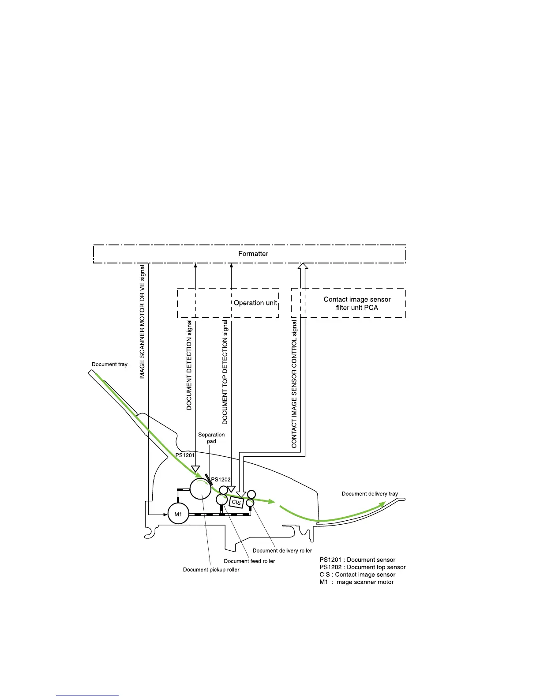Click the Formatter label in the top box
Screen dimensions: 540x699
(253, 254)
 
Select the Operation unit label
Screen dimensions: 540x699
(255, 303)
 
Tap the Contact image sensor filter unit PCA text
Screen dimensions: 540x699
(357, 303)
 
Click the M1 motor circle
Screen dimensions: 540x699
(178, 514)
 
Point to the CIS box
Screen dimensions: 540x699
(236, 502)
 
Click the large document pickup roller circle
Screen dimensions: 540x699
(201, 489)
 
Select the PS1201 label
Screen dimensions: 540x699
(185, 455)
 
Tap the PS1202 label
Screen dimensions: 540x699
(221, 480)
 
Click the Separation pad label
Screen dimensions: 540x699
(211, 438)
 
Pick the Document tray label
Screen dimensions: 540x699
(109, 365)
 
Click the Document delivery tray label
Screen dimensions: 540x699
(370, 494)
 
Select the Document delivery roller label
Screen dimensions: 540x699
(282, 550)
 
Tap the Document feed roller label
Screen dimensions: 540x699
(249, 561)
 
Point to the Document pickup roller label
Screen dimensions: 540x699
(211, 570)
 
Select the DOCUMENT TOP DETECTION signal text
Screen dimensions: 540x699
(225, 372)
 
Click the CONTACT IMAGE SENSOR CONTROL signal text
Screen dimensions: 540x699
(294, 384)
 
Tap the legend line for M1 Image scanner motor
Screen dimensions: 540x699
(356, 582)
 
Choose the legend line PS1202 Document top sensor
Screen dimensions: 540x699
(362, 567)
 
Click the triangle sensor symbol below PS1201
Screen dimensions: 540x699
(195, 469)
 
